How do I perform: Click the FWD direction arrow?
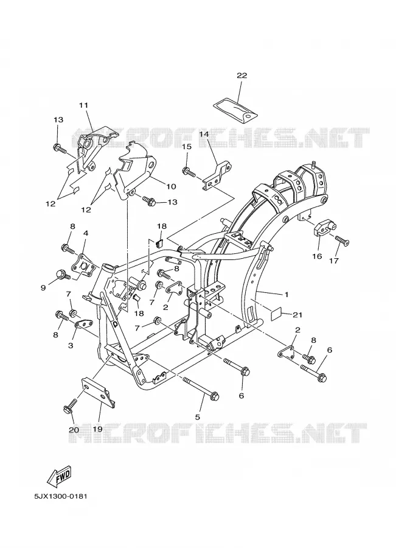click(x=59, y=477)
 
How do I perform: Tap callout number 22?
click(x=241, y=76)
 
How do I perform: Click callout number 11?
click(x=83, y=105)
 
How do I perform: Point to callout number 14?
click(x=204, y=133)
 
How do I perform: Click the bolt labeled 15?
click(x=189, y=172)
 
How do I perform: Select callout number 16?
click(x=317, y=256)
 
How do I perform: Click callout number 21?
click(x=297, y=315)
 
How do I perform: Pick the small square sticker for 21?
click(x=276, y=314)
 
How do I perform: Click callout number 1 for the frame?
click(x=286, y=295)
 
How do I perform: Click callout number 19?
click(x=97, y=429)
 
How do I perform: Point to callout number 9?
click(x=43, y=287)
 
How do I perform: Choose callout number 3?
click(x=71, y=345)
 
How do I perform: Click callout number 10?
click(x=171, y=186)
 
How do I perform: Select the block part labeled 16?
click(x=323, y=229)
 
